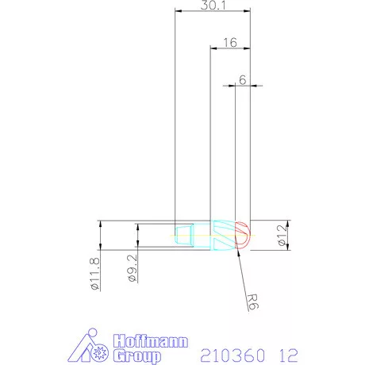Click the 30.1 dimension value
pyautogui.click(x=213, y=6)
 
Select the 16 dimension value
pyautogui.click(x=230, y=43)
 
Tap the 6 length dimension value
pyautogui.click(x=243, y=80)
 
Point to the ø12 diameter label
pyautogui.click(x=282, y=235)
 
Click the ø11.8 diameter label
pyautogui.click(x=95, y=274)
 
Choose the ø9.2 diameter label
pyautogui.click(x=133, y=268)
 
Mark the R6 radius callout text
pyautogui.click(x=252, y=302)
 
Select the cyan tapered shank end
pyautogui.click(x=184, y=235)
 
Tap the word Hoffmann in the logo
pyautogui.click(x=151, y=341)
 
